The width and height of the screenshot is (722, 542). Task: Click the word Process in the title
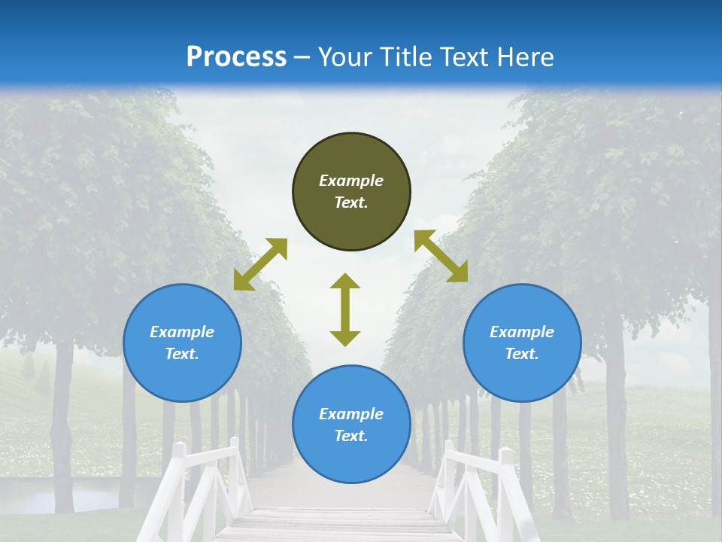pos(236,57)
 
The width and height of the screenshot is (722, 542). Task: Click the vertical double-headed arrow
pos(345,309)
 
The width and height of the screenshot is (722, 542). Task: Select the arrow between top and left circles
pos(260,264)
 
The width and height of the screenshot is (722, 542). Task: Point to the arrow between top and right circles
pos(441,256)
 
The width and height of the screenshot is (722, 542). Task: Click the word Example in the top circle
pos(351,181)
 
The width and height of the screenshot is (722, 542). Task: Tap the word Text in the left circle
pos(182,354)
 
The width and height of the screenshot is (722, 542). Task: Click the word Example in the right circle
pos(522,332)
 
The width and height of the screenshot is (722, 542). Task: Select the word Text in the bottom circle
pos(351,436)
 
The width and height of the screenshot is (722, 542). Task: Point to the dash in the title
pos(302,58)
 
